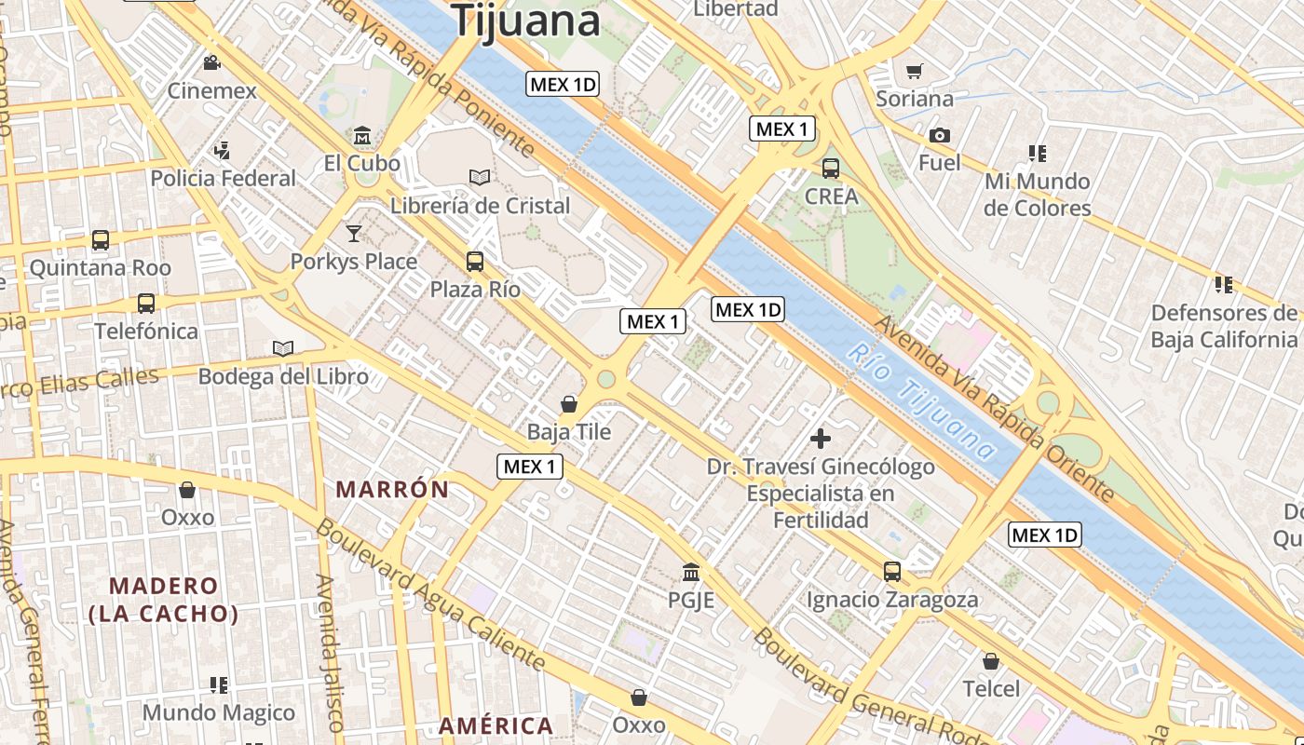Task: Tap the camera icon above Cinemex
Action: coord(212,63)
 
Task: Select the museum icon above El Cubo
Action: coord(362,136)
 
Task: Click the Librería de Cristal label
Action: coord(480,205)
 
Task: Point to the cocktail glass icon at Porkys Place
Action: coord(354,233)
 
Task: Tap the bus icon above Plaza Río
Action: coord(475,261)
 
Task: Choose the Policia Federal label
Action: coord(223,178)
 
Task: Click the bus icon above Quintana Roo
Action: coord(101,240)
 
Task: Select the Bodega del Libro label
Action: coord(283,376)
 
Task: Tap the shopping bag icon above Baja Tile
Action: coord(568,404)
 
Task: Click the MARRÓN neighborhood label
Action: coord(392,489)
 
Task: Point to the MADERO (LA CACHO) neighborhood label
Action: coord(164,600)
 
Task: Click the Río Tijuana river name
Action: coord(921,402)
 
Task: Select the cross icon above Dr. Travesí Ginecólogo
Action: coord(821,438)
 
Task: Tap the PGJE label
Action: coord(690,600)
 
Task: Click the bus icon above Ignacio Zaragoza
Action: coord(892,571)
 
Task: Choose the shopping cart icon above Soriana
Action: coord(915,71)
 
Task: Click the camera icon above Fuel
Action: coord(939,135)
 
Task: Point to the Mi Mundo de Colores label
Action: coord(1037,194)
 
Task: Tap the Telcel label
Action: coord(991,688)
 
